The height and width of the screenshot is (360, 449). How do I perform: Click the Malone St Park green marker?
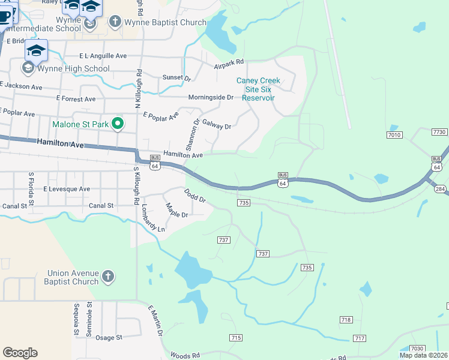tap(118, 124)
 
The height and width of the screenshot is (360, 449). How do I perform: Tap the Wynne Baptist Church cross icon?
tap(115, 22)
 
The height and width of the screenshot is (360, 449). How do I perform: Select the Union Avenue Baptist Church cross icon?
tap(107, 277)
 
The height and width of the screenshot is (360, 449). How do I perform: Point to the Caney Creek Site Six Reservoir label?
tap(258, 89)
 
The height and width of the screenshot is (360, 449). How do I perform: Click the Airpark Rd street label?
tap(229, 62)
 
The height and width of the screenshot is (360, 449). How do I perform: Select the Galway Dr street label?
tap(217, 126)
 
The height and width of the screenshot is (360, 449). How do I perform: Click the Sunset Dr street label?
tap(176, 78)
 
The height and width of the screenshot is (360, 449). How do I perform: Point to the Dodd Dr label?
tap(194, 195)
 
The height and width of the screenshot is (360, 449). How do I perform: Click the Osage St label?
tap(109, 338)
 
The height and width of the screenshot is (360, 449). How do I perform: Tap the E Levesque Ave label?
tap(67, 189)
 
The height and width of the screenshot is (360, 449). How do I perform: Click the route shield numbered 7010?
tap(394, 135)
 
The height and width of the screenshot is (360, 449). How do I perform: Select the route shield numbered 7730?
tap(440, 131)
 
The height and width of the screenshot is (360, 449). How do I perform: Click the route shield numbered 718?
tap(346, 320)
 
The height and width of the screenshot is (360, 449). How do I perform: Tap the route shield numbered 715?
tap(236, 338)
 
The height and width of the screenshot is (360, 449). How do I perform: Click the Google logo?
tap(20, 353)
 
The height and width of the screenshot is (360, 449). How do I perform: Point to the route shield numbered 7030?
tap(417, 349)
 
